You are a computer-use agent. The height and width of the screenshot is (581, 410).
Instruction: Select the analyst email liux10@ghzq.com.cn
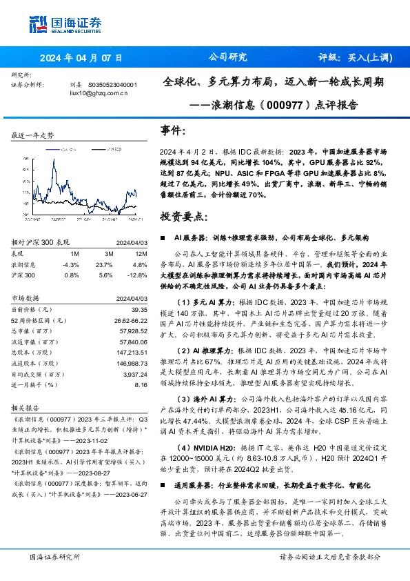[x=99, y=92]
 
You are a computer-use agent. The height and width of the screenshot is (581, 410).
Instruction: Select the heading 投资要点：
[x=183, y=216]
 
